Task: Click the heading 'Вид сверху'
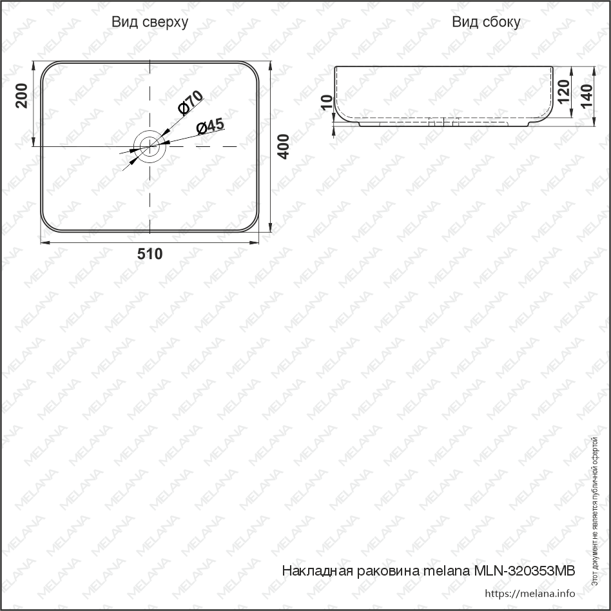150,22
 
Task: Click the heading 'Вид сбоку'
486,22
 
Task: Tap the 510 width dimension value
150,254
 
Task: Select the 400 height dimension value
284,146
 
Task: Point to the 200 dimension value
21,95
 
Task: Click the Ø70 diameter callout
190,102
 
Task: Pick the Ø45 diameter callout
210,126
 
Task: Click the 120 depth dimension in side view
563,92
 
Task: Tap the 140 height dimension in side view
586,96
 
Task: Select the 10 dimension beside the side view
327,102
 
